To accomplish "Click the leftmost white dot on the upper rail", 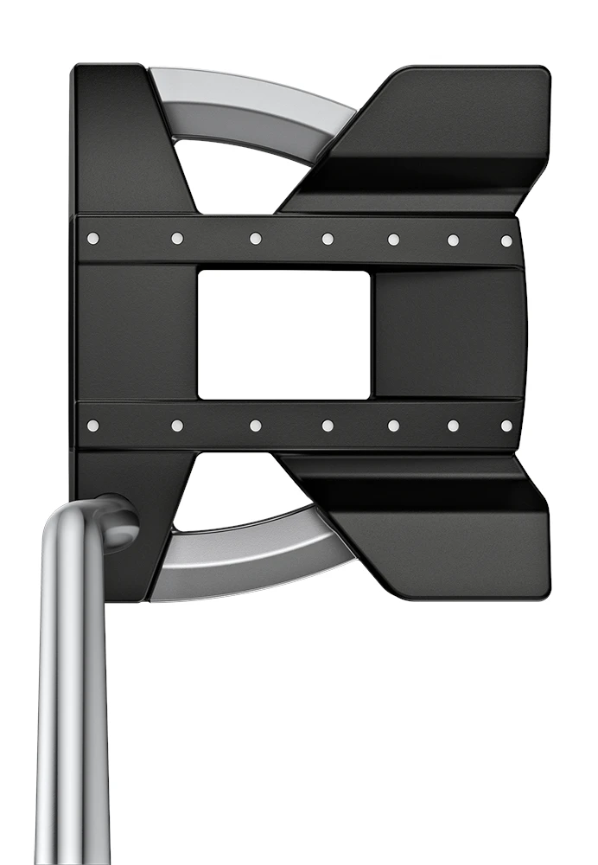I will pyautogui.click(x=93, y=238).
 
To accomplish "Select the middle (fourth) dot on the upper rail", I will pyautogui.click(x=328, y=239).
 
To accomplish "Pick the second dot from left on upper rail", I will pyautogui.click(x=177, y=238).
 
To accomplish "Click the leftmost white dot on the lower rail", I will pyautogui.click(x=93, y=425).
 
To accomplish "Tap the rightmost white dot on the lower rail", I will pyautogui.click(x=506, y=425).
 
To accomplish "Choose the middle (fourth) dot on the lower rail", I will pyautogui.click(x=328, y=425).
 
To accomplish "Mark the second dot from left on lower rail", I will pyautogui.click(x=177, y=425).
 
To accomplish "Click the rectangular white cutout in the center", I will pyautogui.click(x=283, y=334).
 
